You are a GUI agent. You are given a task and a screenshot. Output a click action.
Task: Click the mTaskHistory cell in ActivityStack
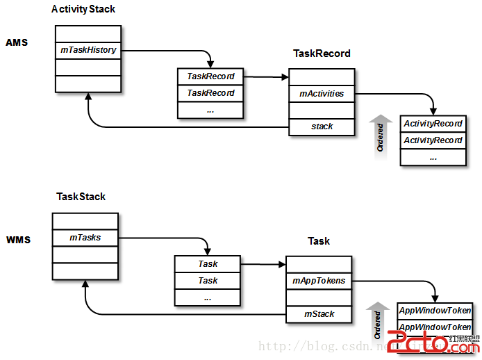coord(88,50)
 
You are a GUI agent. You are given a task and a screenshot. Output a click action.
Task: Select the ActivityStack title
coord(83,9)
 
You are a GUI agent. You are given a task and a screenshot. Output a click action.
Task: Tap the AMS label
coord(16,42)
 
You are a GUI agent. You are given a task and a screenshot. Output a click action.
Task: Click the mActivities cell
coord(322,93)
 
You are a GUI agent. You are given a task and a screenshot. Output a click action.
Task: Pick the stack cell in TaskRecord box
coord(322,126)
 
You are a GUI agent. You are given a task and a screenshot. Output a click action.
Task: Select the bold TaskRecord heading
coord(322,53)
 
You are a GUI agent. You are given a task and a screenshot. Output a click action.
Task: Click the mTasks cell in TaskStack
coord(85,238)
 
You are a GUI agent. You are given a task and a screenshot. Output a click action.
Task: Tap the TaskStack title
coord(81,197)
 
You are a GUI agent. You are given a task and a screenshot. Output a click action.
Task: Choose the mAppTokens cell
coord(319,281)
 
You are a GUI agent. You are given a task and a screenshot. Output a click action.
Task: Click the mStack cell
coord(319,314)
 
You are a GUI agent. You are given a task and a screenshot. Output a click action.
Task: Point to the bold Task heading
coord(319,241)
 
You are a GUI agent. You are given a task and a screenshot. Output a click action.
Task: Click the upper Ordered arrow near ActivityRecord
coord(380,134)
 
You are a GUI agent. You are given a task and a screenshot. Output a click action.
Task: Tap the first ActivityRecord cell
coord(433,124)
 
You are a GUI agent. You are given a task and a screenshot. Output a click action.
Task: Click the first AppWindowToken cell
coord(435,311)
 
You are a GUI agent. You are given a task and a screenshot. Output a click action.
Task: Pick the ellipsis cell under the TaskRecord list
coord(210,110)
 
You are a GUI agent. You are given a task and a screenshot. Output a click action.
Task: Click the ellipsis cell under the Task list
coord(208,297)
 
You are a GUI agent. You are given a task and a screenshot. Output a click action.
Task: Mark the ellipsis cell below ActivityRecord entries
coord(433,157)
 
